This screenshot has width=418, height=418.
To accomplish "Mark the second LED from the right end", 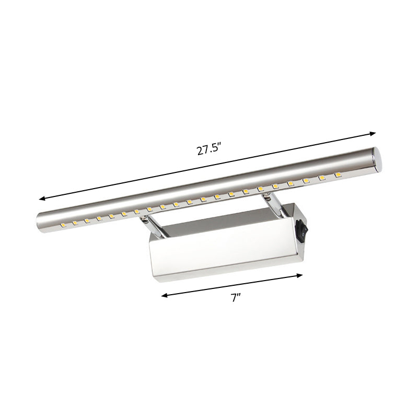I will (x=322, y=177).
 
